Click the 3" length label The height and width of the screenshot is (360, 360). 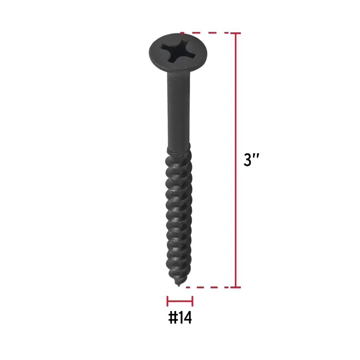pos(251,160)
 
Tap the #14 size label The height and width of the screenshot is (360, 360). pos(180,318)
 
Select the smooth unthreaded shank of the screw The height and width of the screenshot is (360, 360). pos(179,110)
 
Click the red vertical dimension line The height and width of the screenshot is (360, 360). pos(236,160)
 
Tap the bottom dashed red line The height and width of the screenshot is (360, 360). pos(208,287)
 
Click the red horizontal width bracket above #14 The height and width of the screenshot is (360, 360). pos(180,301)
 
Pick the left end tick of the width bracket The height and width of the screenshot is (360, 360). pos(168,301)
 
